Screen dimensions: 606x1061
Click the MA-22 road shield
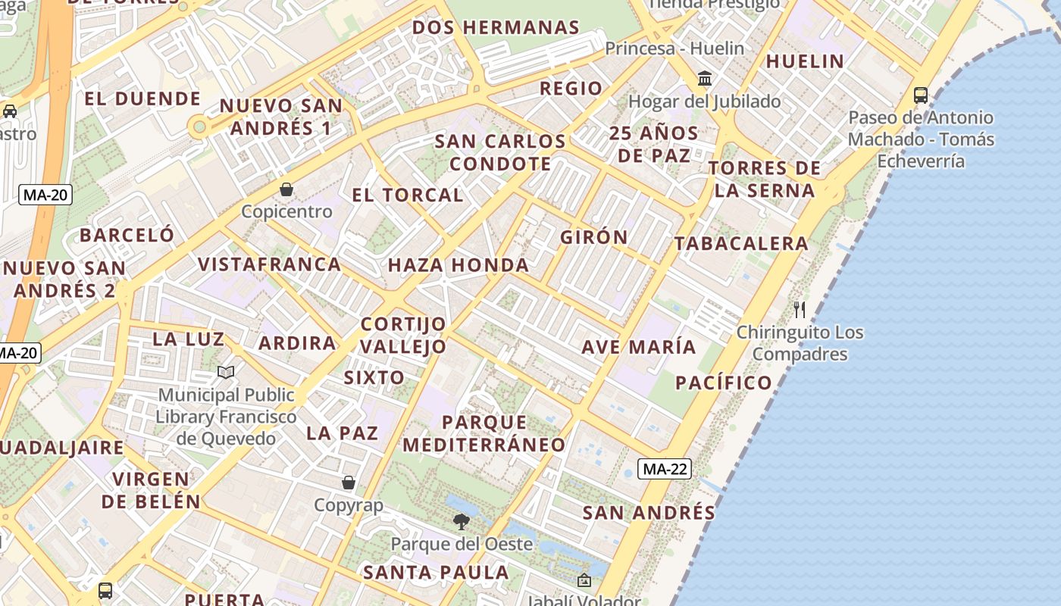coord(665,469)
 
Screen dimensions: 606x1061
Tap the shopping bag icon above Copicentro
coord(286,189)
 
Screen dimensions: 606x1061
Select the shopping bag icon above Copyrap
coord(349,483)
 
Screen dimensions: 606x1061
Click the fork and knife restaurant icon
coord(800,309)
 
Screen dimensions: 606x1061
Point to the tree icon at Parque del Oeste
coord(461,521)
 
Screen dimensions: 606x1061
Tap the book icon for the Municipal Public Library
coord(226,372)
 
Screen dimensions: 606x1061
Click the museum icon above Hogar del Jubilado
coord(705,79)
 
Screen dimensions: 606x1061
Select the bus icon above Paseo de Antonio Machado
coord(921,95)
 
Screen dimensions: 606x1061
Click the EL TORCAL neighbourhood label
coord(407,195)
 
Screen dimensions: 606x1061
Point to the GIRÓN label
coord(594,237)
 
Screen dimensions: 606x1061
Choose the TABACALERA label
coord(741,243)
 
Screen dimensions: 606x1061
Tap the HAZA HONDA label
coord(459,265)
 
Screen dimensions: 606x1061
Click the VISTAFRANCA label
coord(269,264)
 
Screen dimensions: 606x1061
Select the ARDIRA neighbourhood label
coord(297,343)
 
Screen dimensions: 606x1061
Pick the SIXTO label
coord(374,377)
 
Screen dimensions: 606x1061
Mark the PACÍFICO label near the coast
coord(724,383)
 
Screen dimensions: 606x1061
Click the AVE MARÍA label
coord(638,347)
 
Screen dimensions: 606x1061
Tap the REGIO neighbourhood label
coord(571,88)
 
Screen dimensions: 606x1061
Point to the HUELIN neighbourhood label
coord(805,61)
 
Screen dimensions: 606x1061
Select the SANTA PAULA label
coord(436,573)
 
